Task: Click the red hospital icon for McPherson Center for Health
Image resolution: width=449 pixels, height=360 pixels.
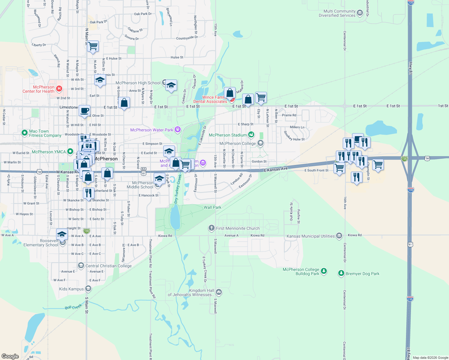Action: pos(59,88)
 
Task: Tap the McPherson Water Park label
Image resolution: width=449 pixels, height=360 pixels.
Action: pos(152,130)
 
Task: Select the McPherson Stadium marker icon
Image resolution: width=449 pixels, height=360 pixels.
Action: pos(251,135)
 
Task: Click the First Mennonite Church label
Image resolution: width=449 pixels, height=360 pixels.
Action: pos(238,228)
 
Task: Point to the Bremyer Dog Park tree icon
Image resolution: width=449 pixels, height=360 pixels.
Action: pos(341,273)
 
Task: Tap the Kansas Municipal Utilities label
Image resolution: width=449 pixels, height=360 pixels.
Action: pos(310,236)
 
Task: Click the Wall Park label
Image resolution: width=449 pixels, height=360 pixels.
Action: pos(212,207)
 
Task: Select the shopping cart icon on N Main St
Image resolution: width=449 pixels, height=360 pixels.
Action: pos(93,46)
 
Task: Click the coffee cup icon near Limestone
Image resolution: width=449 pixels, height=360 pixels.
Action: pos(85,110)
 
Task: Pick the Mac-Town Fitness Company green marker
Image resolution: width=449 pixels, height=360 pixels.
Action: pos(25,132)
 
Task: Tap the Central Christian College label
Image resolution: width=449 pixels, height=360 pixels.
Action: pos(108,266)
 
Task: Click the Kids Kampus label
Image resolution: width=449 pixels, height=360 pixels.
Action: pos(71,289)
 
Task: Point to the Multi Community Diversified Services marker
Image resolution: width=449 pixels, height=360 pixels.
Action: pos(360,13)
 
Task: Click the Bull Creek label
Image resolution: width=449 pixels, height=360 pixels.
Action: pos(73,307)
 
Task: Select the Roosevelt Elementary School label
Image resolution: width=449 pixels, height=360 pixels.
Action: pos(41,243)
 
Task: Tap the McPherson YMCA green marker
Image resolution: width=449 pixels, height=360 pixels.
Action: pos(70,151)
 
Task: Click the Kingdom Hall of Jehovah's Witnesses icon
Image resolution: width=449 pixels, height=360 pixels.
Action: pos(219,292)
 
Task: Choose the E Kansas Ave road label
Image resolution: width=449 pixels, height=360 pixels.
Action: pos(276,169)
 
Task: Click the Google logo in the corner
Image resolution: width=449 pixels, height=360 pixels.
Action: pos(10,356)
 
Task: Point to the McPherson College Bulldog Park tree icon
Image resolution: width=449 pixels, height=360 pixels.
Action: pos(324,271)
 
